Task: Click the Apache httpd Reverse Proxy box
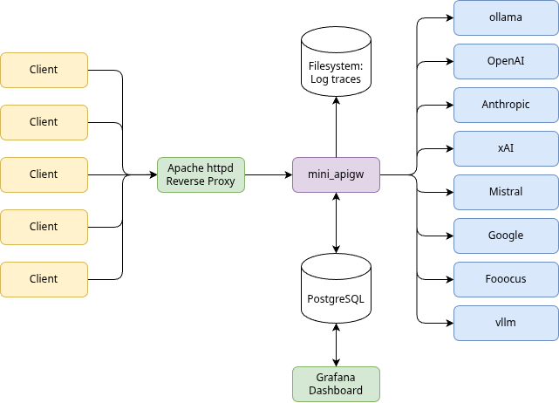pyautogui.click(x=201, y=174)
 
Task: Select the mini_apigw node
pyautogui.click(x=336, y=174)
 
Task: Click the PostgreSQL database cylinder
pyautogui.click(x=336, y=297)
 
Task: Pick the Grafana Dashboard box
pyautogui.click(x=336, y=384)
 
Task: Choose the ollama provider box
pyautogui.click(x=506, y=17)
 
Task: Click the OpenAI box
pyautogui.click(x=506, y=61)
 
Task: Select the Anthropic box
pyautogui.click(x=506, y=105)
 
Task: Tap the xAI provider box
pyautogui.click(x=506, y=148)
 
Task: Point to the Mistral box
pyautogui.click(x=506, y=191)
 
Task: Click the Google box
pyautogui.click(x=506, y=235)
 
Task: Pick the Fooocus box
pyautogui.click(x=506, y=278)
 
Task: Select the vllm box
pyautogui.click(x=506, y=322)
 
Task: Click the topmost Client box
pyautogui.click(x=44, y=70)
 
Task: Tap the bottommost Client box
pyautogui.click(x=44, y=279)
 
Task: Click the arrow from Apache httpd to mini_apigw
pyautogui.click(x=269, y=174)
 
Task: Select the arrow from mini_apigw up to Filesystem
pyautogui.click(x=336, y=126)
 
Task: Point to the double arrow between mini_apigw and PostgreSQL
pyautogui.click(x=336, y=222)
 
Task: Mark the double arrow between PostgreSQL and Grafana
pyautogui.click(x=336, y=345)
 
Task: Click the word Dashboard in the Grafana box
pyautogui.click(x=336, y=392)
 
